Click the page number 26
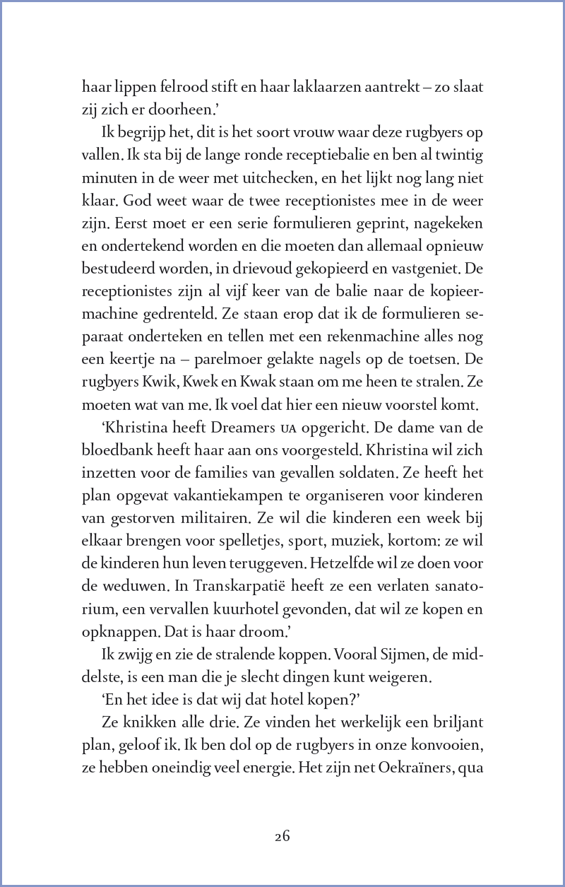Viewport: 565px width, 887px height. (x=282, y=836)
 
